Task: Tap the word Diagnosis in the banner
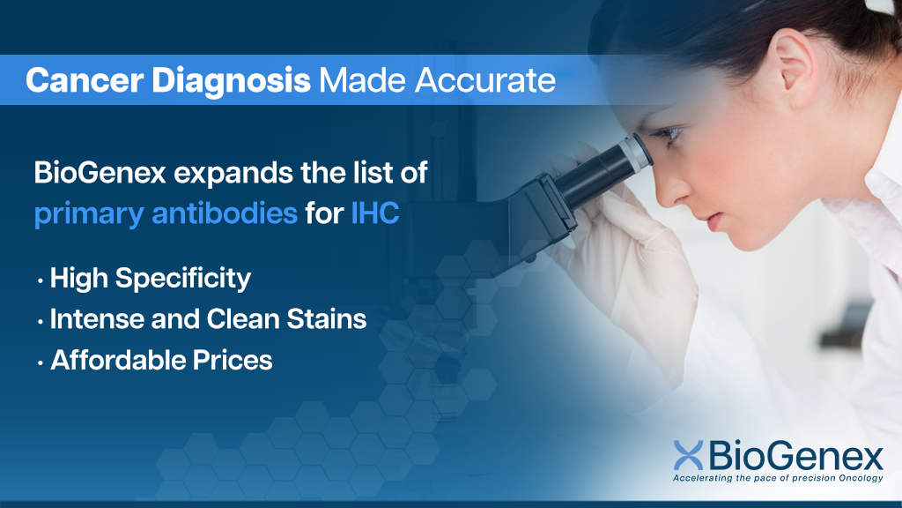[x=232, y=80]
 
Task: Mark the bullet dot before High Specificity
[x=41, y=281]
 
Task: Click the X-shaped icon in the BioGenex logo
[x=688, y=455]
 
